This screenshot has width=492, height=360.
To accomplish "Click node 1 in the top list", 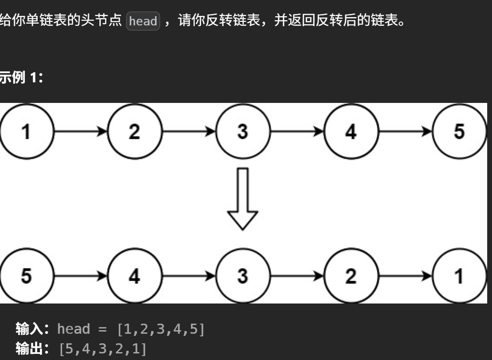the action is tap(26, 131).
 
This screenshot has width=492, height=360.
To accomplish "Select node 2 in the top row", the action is tap(134, 131).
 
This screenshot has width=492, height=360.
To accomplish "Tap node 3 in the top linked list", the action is tap(242, 131).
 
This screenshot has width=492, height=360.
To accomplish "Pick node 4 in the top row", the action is tap(351, 131).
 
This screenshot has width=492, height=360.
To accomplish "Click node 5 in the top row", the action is tap(459, 131).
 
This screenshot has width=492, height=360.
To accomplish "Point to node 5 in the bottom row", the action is tap(26, 276).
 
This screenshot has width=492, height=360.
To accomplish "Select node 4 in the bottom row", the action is tap(134, 276).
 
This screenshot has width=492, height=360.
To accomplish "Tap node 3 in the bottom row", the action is tap(242, 276).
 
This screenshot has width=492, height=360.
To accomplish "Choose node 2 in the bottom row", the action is tap(351, 276).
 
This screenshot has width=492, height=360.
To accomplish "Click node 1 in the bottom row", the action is tap(459, 276).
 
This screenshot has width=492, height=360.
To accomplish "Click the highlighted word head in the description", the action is tap(143, 21).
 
